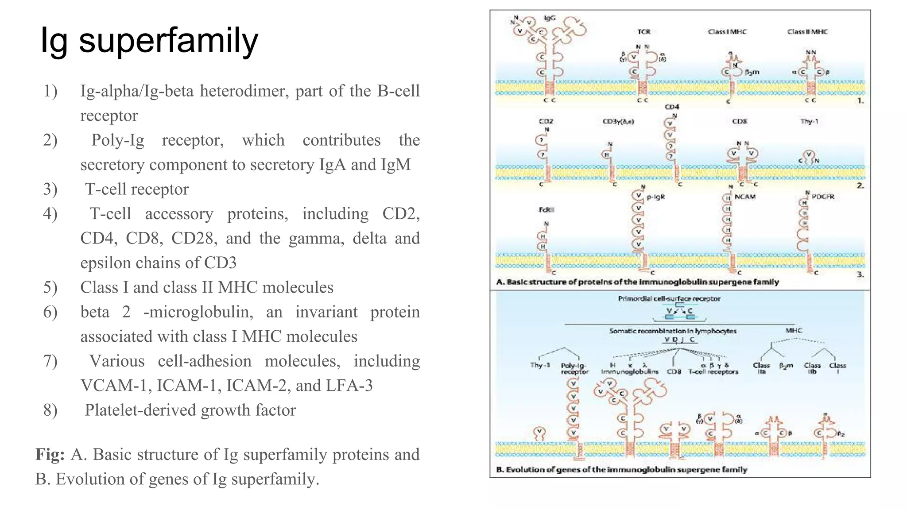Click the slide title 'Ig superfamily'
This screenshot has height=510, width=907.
point(149,41)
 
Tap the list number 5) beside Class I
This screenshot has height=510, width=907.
point(50,288)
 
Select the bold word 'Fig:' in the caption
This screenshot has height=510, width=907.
point(50,455)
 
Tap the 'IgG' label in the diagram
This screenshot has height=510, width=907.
point(549,18)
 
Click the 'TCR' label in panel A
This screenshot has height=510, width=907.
point(643,31)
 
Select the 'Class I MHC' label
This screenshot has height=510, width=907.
point(727,31)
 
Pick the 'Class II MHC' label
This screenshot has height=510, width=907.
point(807,31)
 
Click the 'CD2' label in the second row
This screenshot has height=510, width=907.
point(546,121)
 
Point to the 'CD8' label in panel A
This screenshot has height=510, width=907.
point(740,121)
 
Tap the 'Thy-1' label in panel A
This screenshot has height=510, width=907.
point(809,121)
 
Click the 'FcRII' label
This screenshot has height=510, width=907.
point(547,210)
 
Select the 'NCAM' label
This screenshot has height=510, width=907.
point(745,197)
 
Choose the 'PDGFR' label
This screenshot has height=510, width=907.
point(823,197)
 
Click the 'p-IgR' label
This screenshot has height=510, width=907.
point(656,197)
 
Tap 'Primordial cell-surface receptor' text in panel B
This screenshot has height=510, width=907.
point(669,299)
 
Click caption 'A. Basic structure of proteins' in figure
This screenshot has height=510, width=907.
point(637,282)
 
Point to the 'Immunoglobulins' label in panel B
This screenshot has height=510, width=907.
point(629,372)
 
